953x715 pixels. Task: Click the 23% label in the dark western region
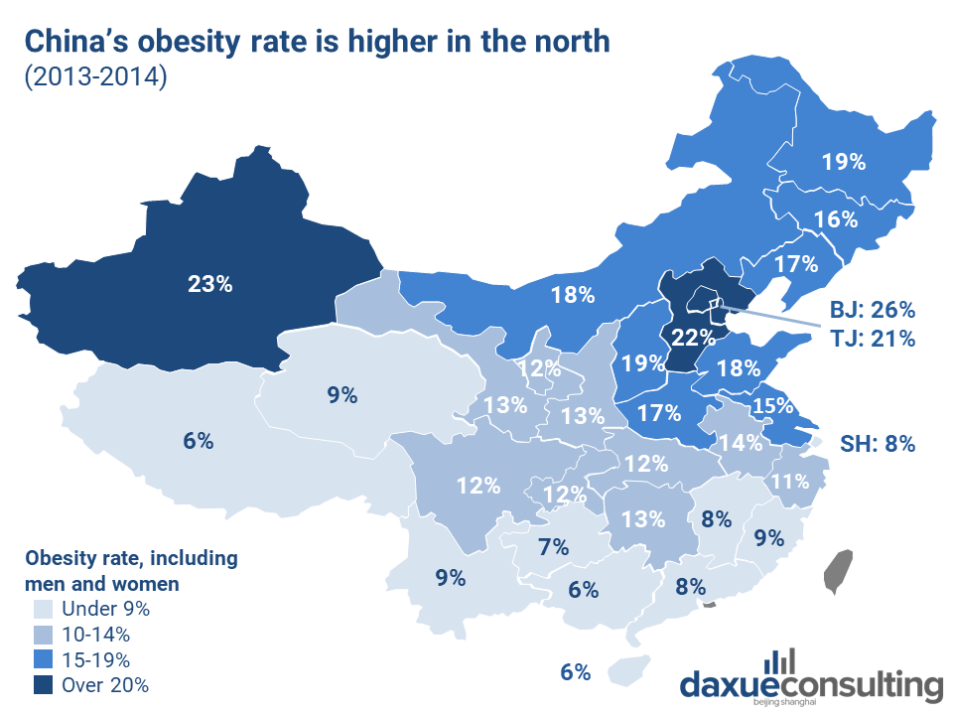(209, 283)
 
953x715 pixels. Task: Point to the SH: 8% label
(878, 443)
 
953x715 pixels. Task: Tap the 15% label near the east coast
(772, 405)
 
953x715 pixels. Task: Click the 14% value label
(741, 443)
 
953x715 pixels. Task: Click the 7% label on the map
(553, 546)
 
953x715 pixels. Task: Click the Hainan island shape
(627, 669)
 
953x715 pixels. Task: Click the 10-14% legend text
(95, 634)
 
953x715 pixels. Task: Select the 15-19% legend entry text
(95, 658)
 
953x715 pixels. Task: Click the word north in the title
(567, 42)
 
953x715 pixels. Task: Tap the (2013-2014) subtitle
(95, 79)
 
